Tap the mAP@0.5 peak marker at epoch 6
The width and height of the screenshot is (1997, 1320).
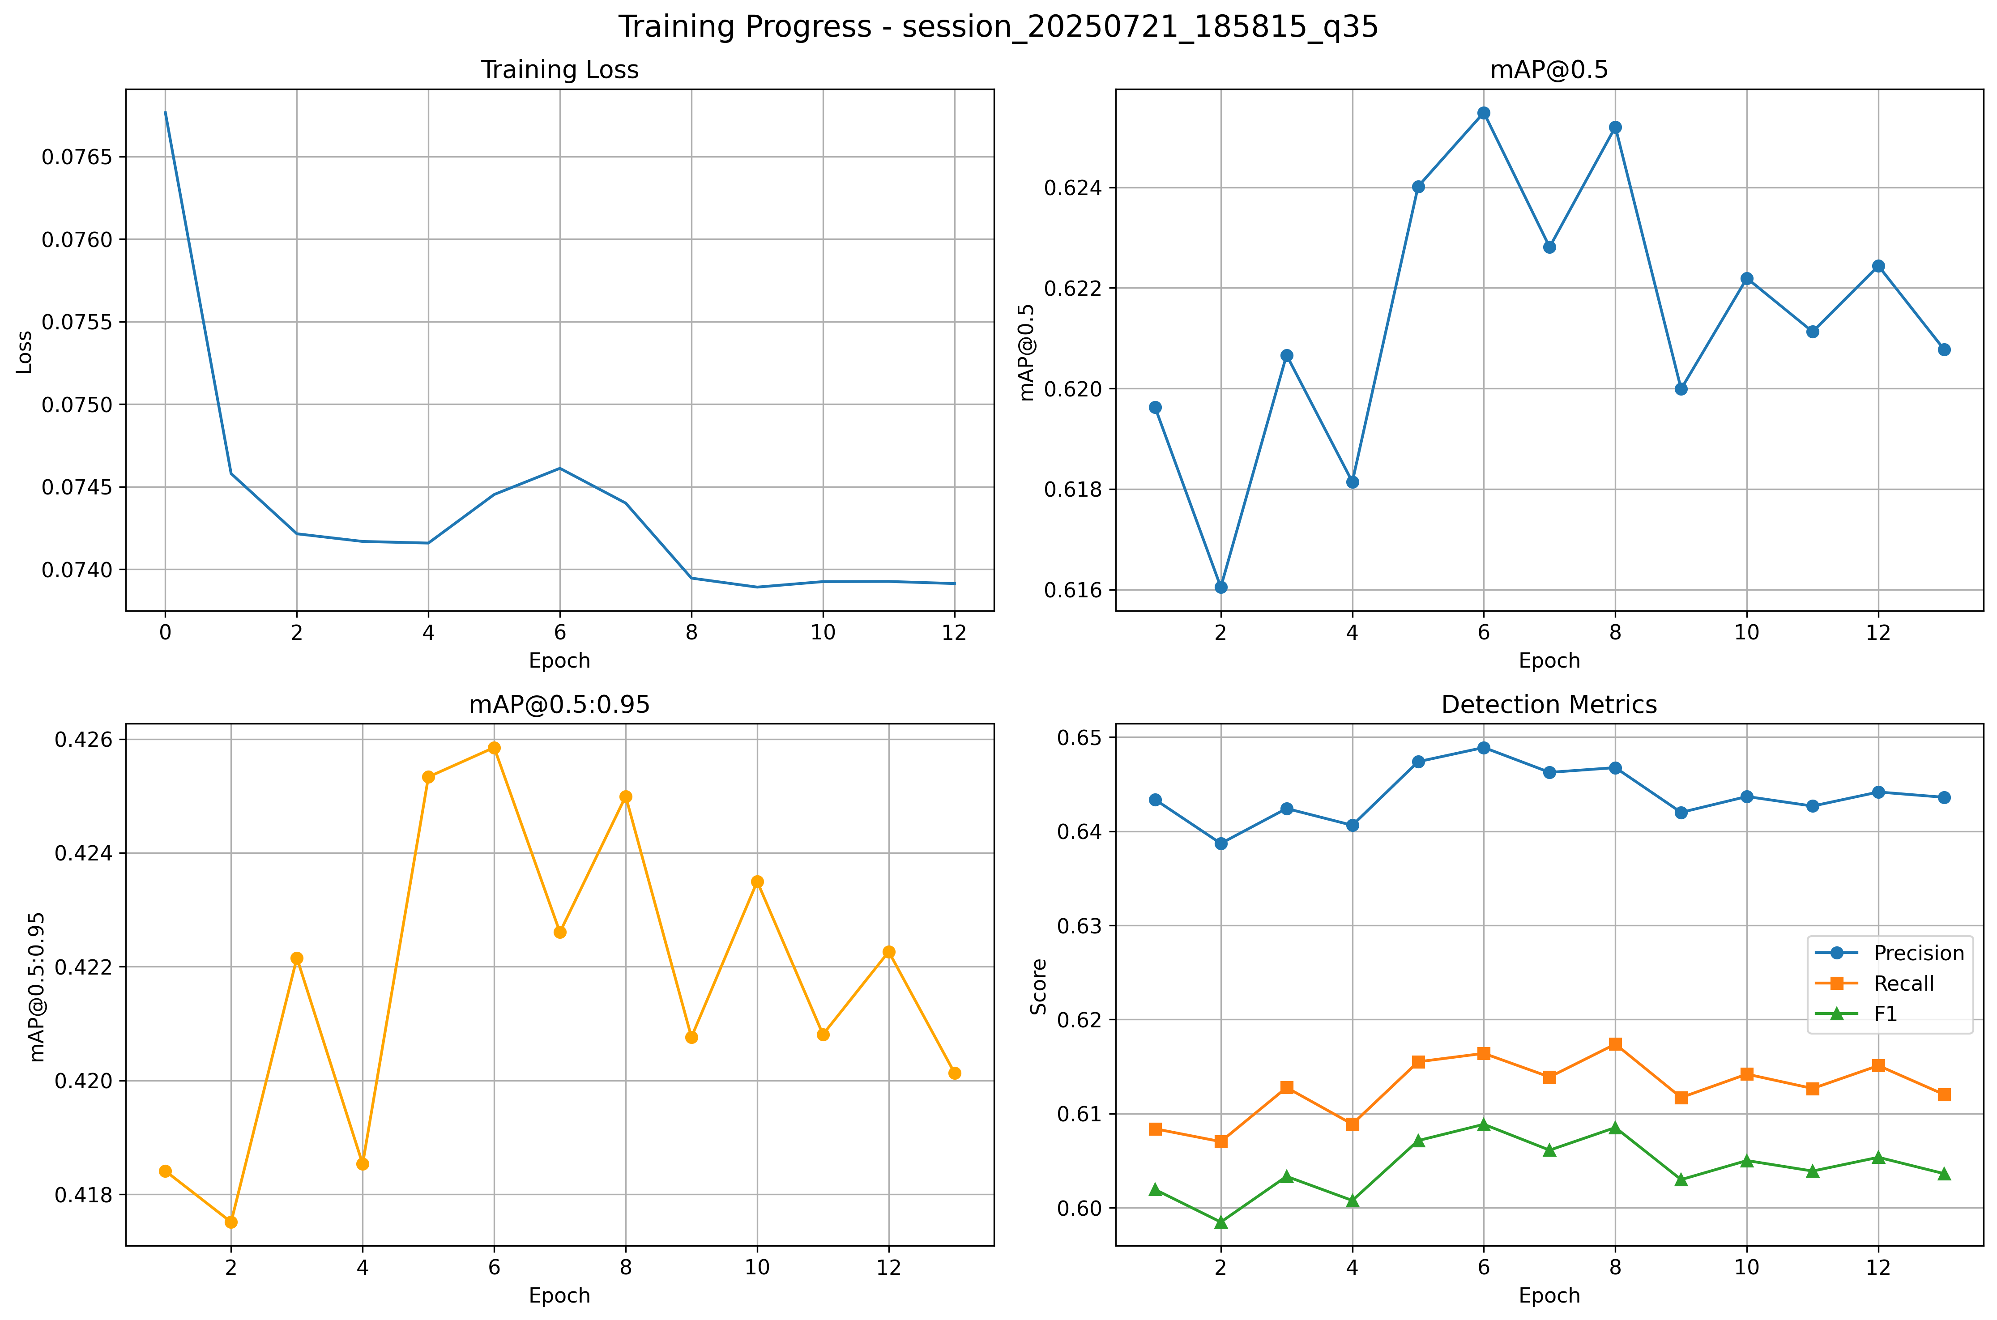click(x=1484, y=113)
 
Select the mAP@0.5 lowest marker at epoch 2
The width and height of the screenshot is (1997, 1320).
click(x=1221, y=587)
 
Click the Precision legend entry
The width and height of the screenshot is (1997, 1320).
click(x=1918, y=953)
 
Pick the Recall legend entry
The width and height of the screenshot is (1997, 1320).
click(x=1903, y=983)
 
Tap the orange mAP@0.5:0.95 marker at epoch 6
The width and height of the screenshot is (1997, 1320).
click(x=494, y=748)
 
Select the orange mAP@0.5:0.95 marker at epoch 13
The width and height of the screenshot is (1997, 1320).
click(x=954, y=1073)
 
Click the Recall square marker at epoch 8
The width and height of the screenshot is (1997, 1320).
click(x=1615, y=1044)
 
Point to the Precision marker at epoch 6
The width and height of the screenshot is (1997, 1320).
click(x=1484, y=748)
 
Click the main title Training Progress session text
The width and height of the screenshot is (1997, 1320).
click(x=998, y=27)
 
